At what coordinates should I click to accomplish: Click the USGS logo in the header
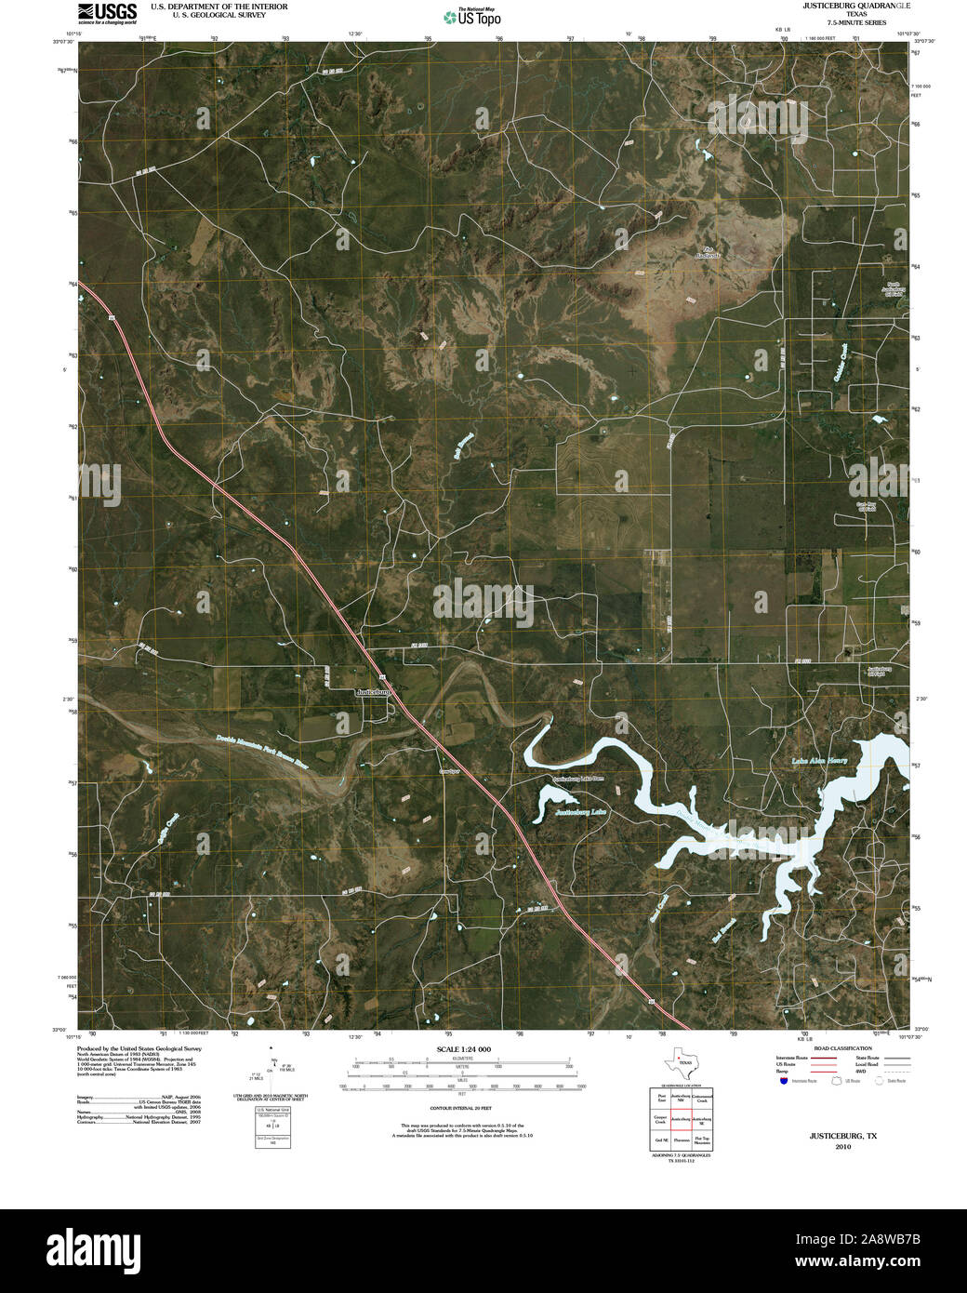pos(108,12)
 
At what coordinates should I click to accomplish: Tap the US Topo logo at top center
pos(473,16)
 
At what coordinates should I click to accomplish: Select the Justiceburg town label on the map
pos(377,692)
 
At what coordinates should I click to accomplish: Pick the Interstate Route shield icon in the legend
pos(784,1081)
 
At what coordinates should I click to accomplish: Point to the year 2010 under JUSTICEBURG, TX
pos(842,1147)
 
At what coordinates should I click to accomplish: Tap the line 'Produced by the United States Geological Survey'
pos(139,1048)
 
